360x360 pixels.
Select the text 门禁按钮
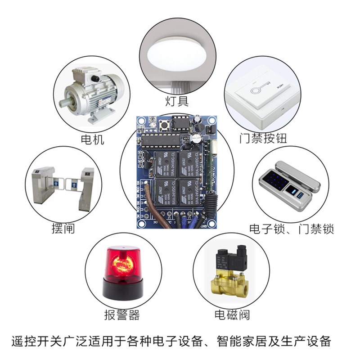263,138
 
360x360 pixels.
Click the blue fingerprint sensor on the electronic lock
297,193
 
